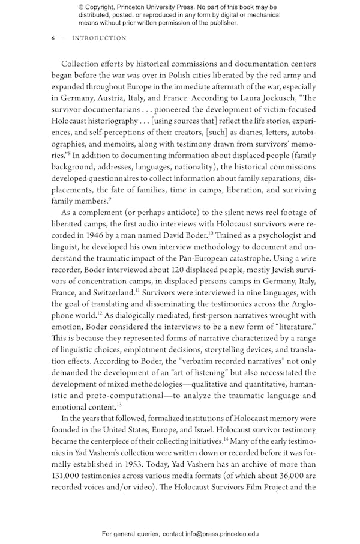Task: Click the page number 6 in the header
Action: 53,38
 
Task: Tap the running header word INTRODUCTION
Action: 99,38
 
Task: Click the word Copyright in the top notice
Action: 104,7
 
